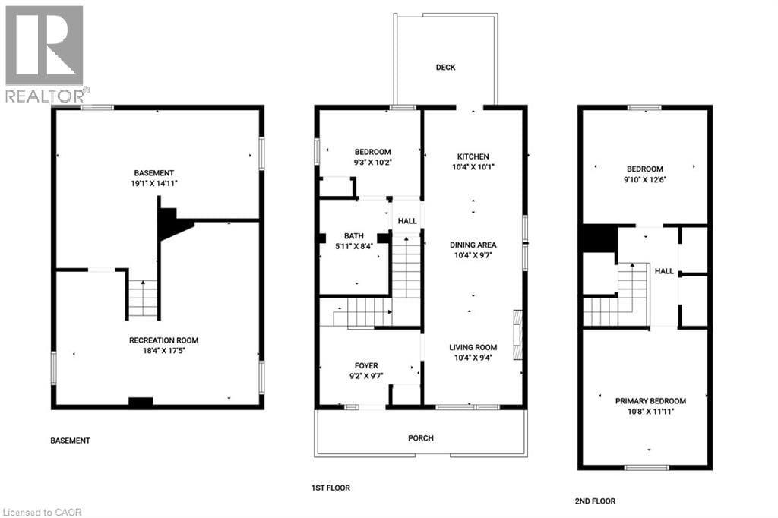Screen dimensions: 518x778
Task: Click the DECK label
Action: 446,68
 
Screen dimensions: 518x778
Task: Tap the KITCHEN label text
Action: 473,156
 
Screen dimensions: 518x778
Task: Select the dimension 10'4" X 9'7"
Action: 473,256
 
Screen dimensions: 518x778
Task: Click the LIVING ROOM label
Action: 473,347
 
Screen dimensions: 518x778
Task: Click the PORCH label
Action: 421,437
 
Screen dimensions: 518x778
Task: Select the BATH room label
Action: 353,236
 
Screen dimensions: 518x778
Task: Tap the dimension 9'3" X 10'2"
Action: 372,162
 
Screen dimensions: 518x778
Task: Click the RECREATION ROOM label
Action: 163,340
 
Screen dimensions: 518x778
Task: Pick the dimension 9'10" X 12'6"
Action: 644,180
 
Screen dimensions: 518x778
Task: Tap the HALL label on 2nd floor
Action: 665,271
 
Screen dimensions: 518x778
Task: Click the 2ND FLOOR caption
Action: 595,501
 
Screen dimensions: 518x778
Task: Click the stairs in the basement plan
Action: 143,298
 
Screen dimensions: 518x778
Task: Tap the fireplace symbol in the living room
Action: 518,333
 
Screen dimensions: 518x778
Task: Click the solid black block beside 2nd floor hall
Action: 599,238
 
